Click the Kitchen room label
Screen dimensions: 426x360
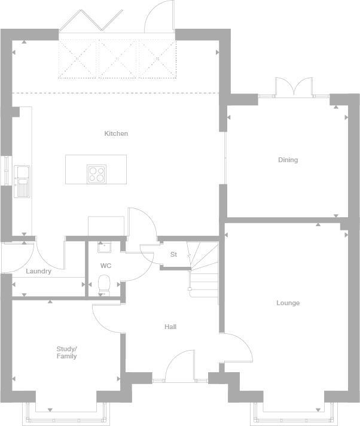click(116, 133)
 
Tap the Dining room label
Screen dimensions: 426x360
click(288, 160)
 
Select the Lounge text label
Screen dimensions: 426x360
click(288, 303)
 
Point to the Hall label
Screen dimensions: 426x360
click(170, 327)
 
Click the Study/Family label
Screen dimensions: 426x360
click(66, 352)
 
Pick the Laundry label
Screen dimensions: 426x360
click(38, 271)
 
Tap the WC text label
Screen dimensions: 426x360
click(105, 266)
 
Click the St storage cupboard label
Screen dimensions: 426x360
click(173, 254)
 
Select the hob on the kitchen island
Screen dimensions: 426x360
click(96, 174)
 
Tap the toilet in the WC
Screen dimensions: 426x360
click(104, 284)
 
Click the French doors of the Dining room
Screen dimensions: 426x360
click(294, 87)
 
